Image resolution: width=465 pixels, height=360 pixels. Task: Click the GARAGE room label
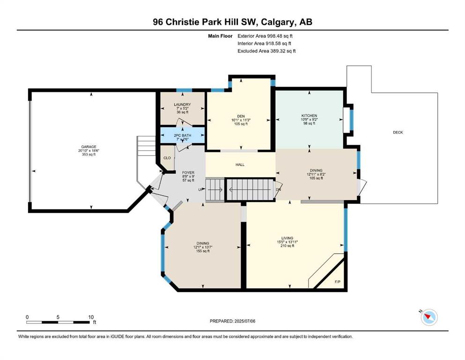(89, 147)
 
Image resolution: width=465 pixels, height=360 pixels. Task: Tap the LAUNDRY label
(182, 105)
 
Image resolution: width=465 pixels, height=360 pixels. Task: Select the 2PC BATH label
(182, 135)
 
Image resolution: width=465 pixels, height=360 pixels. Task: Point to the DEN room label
(241, 116)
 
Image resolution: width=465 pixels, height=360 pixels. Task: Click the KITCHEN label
(310, 115)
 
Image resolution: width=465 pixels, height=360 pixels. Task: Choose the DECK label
(398, 132)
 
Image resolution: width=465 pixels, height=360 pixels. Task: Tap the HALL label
(240, 165)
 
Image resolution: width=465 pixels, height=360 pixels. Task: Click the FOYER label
(188, 172)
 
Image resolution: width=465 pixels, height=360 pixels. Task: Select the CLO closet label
(167, 157)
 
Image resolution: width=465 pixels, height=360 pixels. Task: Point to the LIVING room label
(288, 238)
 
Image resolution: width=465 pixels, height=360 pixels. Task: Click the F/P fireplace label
(338, 282)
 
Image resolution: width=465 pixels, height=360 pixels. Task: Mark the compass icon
(429, 317)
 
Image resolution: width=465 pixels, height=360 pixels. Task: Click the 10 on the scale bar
(91, 317)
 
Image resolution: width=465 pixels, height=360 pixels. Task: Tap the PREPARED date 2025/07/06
(245, 321)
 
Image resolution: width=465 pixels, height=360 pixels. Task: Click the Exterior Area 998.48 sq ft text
(265, 36)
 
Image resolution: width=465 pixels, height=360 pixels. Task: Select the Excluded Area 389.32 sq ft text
(266, 51)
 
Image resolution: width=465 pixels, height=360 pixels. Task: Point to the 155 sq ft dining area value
(203, 251)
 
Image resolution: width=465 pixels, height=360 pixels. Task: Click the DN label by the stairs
(279, 190)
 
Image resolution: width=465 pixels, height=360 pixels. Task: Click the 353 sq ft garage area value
(89, 154)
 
